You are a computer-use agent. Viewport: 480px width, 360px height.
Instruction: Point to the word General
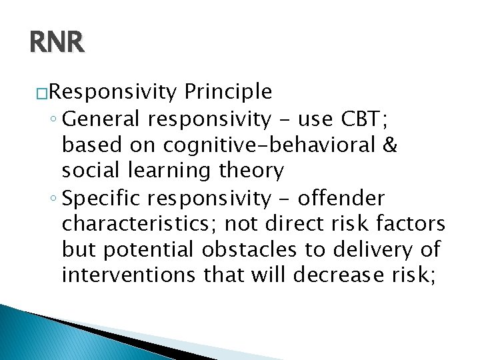(x=103, y=119)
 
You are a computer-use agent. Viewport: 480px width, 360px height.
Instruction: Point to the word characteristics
(x=136, y=223)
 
